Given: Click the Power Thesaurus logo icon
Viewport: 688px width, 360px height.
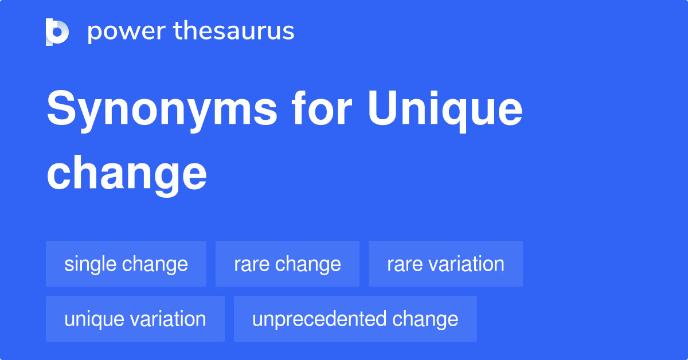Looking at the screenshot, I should coord(57,32).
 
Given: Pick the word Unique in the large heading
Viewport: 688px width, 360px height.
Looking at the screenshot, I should coord(445,110).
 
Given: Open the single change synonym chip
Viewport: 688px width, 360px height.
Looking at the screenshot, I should coord(126,264).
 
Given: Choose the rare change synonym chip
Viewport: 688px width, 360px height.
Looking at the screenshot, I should coord(287,264).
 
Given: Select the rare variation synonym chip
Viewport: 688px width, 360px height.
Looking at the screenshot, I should coord(445,264).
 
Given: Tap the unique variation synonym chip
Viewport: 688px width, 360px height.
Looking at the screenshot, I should coord(135,319).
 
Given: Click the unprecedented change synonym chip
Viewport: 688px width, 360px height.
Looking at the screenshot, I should coord(355,319).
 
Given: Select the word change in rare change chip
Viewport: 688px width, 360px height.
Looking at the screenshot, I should coord(310,264).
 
